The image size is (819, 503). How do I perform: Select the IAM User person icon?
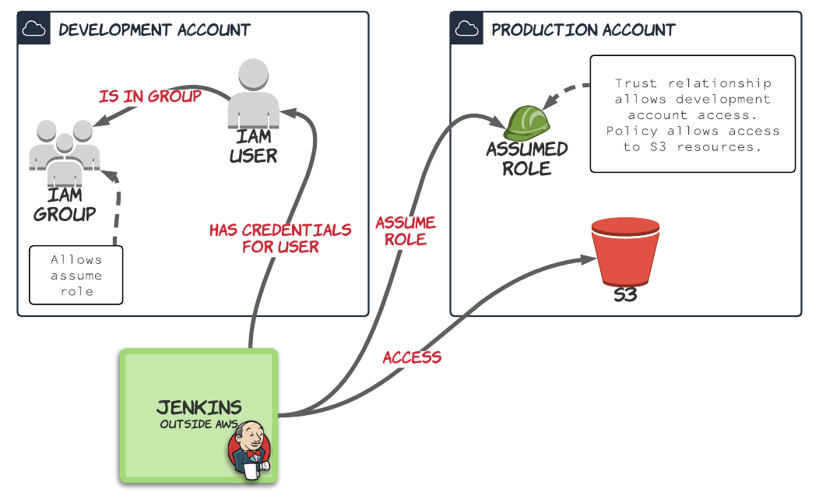(x=254, y=93)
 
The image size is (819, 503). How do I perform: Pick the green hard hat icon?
(x=527, y=122)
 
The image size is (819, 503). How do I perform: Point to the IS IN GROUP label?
(x=150, y=97)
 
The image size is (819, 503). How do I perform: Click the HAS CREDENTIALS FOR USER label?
(x=280, y=238)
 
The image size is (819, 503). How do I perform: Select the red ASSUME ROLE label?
(x=406, y=230)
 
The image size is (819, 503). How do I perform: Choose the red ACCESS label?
(x=412, y=357)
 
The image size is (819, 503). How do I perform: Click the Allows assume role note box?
(x=76, y=275)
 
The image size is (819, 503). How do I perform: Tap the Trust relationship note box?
(x=692, y=114)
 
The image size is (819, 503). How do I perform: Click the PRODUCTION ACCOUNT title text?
(x=583, y=30)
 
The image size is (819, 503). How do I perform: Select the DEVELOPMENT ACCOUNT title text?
(x=154, y=30)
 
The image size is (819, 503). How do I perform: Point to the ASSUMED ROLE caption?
(x=527, y=158)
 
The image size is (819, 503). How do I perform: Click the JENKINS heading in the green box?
(x=199, y=407)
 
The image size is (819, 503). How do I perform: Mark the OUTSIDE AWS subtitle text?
(x=199, y=424)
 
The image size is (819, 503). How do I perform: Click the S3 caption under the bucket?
(x=625, y=296)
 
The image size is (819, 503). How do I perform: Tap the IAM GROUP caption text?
(x=65, y=205)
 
